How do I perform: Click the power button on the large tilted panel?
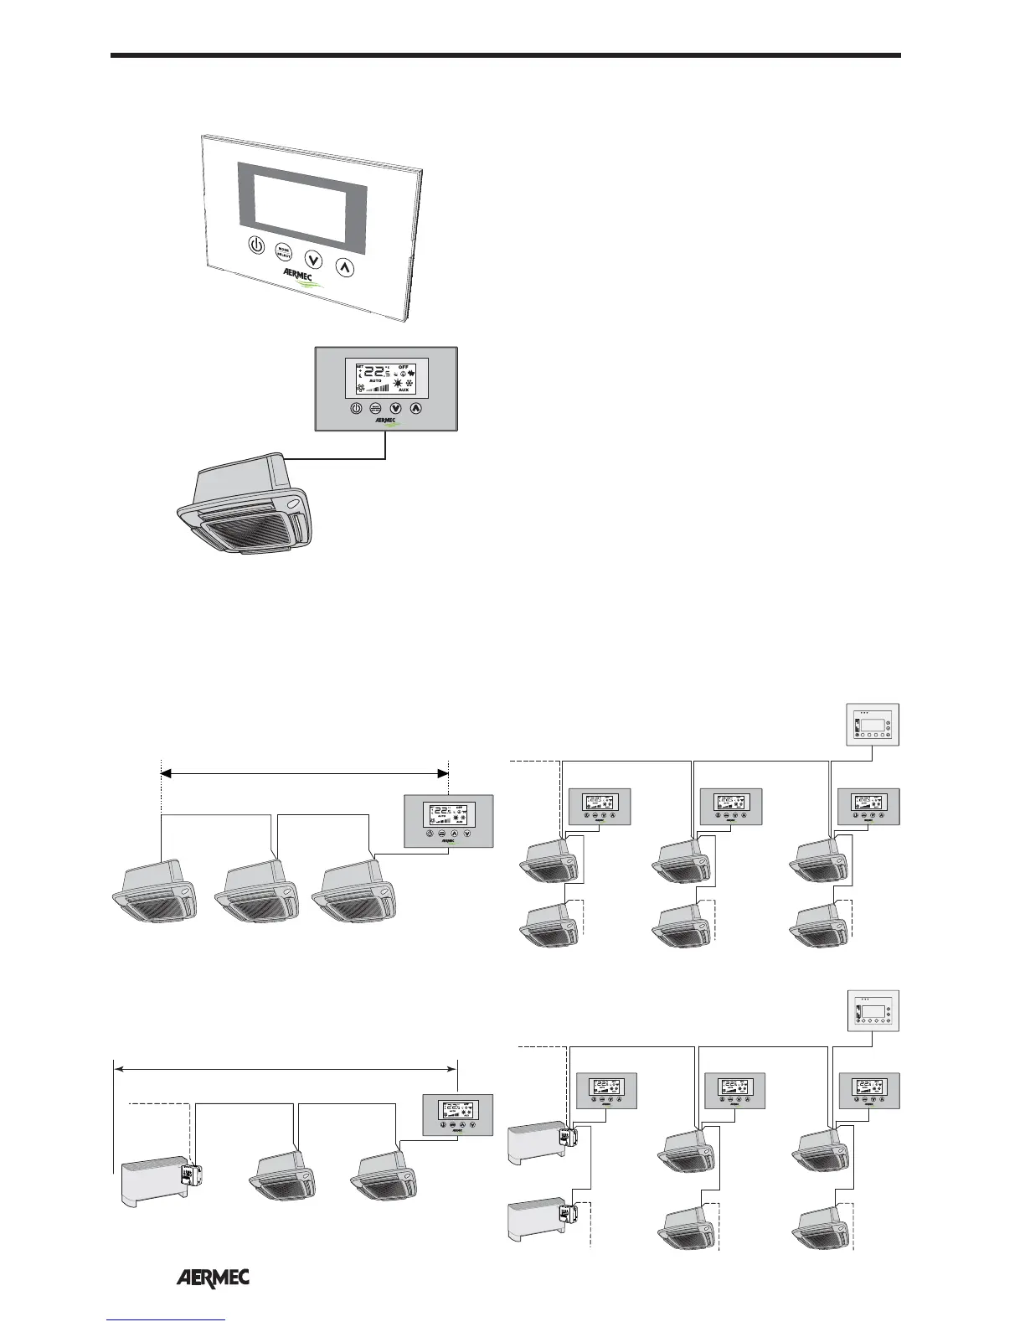tap(256, 245)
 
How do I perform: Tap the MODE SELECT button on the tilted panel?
tap(284, 252)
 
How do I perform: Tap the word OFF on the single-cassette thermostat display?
tap(404, 367)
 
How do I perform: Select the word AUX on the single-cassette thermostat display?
tap(404, 390)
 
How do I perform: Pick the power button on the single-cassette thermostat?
tap(356, 409)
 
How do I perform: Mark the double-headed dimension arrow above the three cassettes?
tap(304, 774)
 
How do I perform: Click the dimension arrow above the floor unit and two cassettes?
tap(286, 1068)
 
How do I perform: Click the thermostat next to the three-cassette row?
tap(448, 821)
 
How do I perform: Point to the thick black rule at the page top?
tap(506, 56)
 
